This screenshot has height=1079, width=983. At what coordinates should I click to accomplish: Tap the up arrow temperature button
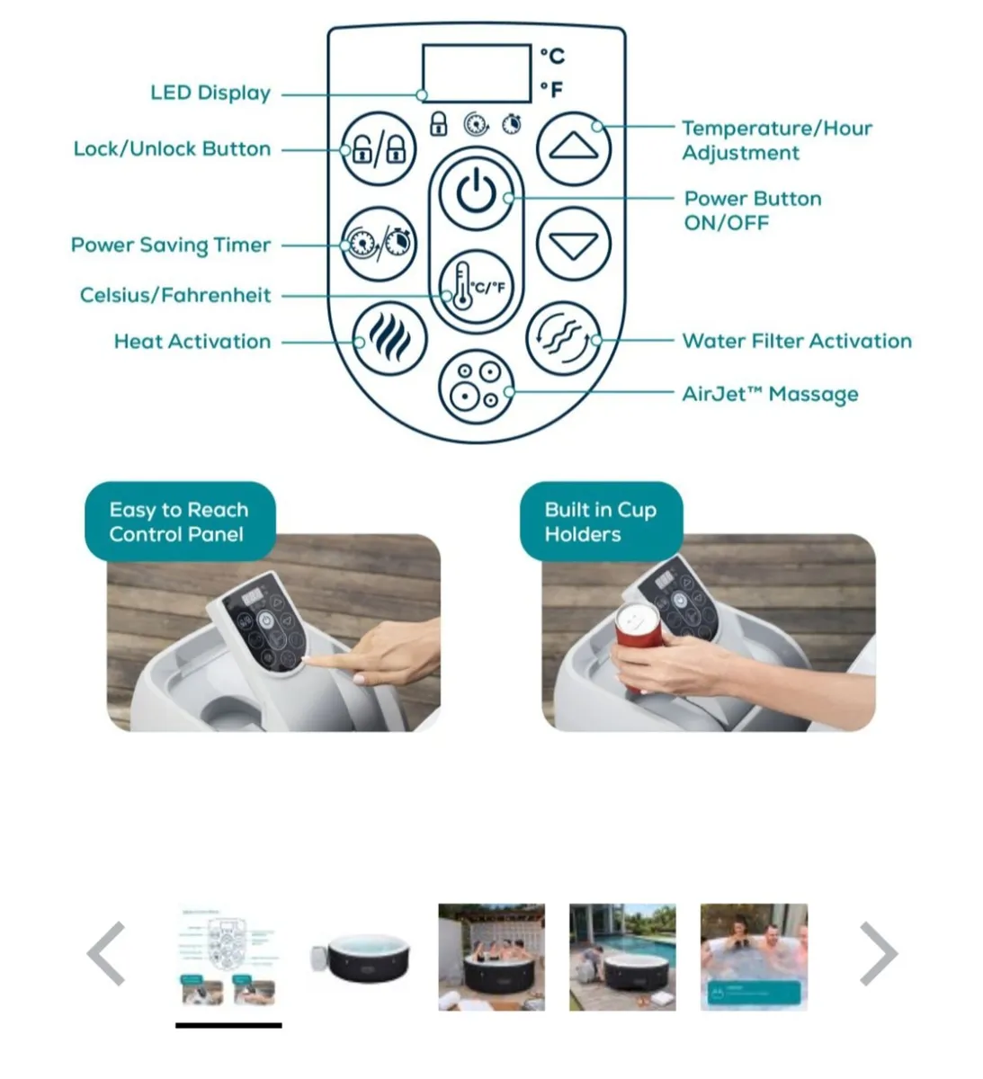pos(573,148)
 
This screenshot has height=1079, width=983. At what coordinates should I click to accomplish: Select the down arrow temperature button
pos(573,244)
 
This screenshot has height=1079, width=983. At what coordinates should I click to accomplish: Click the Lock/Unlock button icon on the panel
pos(379,148)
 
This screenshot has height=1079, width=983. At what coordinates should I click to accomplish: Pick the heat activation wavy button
pos(389,338)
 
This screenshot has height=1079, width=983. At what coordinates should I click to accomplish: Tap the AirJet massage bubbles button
pos(476,387)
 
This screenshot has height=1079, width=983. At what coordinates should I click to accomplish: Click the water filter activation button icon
pos(563,338)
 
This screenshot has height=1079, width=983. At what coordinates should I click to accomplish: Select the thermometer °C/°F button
pos(476,286)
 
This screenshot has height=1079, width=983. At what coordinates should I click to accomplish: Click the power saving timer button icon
pos(379,244)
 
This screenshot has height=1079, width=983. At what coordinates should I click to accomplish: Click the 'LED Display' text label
pos(210,93)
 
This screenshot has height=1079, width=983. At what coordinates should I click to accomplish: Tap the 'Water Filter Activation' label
pos(797,341)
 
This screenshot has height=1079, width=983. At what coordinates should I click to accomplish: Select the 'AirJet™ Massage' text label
pos(770,394)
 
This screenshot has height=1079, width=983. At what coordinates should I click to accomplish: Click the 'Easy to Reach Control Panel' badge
pos(180,522)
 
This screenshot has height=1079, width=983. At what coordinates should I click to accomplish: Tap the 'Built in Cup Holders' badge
pos(601,522)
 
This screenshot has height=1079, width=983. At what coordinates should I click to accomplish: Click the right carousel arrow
pos(878,953)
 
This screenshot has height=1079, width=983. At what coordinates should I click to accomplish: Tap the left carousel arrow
pos(106,953)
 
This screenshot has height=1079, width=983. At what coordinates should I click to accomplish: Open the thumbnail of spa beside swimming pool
pos(622,957)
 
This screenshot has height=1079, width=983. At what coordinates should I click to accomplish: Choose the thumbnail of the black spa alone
pos(360,958)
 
